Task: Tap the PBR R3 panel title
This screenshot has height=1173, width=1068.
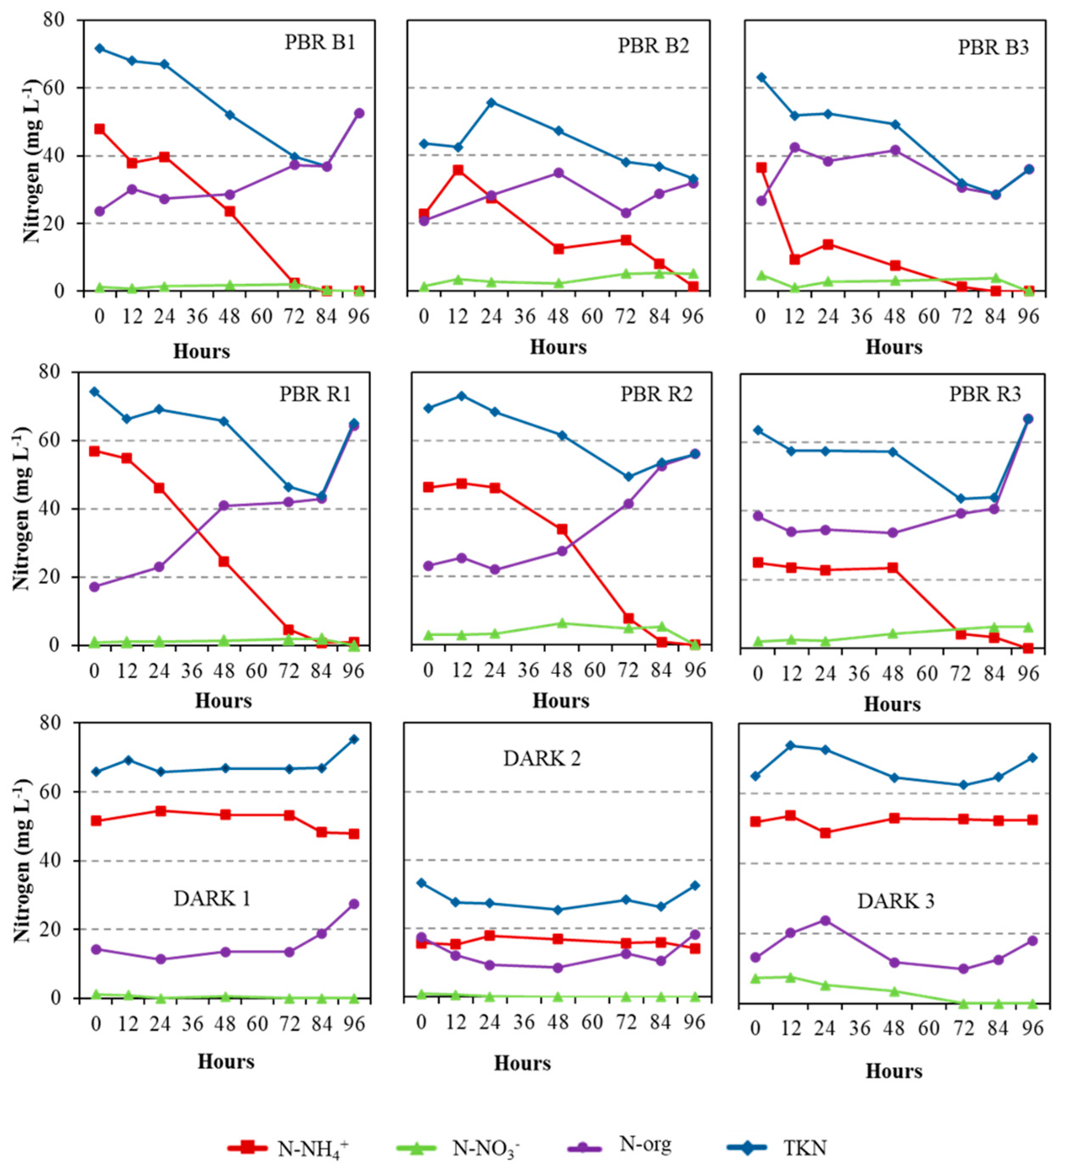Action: pos(985,394)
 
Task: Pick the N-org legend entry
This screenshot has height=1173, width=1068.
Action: pos(619,1144)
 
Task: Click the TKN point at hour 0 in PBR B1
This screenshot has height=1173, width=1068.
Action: pos(100,48)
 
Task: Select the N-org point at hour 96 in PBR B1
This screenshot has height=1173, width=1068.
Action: pos(359,113)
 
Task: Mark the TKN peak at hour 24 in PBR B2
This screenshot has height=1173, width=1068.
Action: pos(491,102)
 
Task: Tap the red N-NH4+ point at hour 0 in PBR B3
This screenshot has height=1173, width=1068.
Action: pos(762,168)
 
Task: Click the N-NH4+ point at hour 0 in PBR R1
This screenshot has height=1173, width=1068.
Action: pos(94,451)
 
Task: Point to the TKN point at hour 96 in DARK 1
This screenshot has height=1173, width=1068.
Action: pos(354,739)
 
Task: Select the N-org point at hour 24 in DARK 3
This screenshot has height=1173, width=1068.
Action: pos(825,920)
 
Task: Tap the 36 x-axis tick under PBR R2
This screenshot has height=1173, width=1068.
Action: pos(528,670)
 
